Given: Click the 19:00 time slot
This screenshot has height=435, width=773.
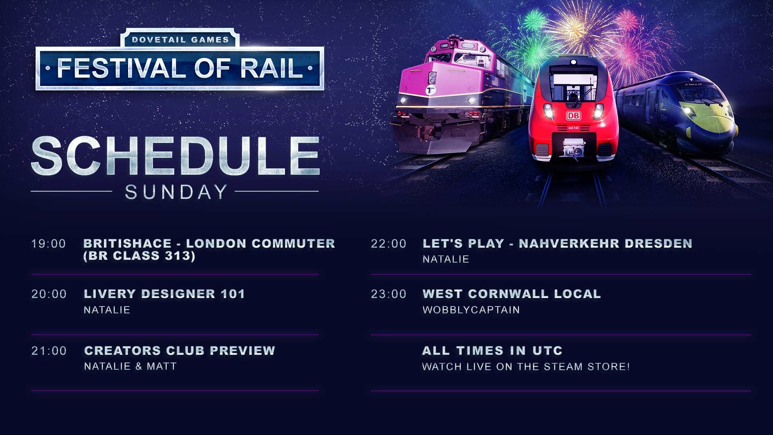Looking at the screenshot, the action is (49, 244).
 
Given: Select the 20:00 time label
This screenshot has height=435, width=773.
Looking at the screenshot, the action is (49, 294).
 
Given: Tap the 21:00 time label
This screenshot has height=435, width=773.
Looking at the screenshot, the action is (49, 351).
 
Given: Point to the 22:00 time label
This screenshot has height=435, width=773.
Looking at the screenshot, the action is (389, 244).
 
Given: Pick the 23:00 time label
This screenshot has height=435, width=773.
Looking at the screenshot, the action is (389, 294).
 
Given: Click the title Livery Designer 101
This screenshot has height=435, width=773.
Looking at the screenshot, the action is (164, 294).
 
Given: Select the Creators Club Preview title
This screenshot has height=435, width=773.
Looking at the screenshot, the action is (180, 351).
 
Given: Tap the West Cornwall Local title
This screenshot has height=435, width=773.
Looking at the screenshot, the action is (512, 294).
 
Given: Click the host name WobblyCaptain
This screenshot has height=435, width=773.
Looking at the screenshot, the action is (471, 310).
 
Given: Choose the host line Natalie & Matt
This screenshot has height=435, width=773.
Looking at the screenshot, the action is (130, 366).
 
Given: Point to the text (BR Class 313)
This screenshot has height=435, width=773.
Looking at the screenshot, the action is (139, 256).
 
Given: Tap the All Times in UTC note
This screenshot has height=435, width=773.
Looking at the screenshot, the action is (492, 351).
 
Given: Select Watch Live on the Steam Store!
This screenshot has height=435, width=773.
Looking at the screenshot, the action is (526, 367).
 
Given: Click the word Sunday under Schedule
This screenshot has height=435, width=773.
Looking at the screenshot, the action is (176, 192).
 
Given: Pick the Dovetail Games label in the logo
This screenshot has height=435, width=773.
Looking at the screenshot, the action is (180, 40).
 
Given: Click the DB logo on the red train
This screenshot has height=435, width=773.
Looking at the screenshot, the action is (573, 116).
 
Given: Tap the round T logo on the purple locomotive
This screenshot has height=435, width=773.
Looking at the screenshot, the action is (431, 90).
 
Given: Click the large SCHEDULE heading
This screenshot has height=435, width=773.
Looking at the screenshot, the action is (176, 156).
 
